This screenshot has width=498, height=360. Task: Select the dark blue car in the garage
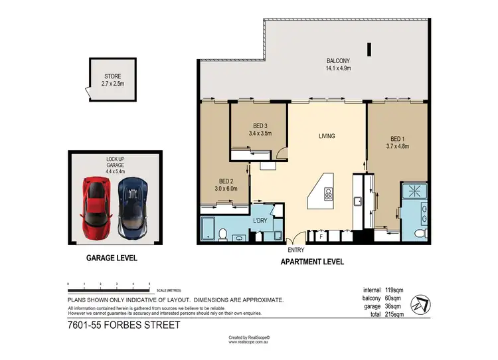[x=131, y=206]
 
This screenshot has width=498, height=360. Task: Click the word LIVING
[x=326, y=136]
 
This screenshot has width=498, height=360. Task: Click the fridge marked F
[x=321, y=235]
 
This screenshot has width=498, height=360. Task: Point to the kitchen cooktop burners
[x=328, y=194]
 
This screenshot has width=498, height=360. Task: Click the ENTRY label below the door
[x=296, y=250]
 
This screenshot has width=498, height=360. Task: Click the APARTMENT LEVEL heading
[x=313, y=262]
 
